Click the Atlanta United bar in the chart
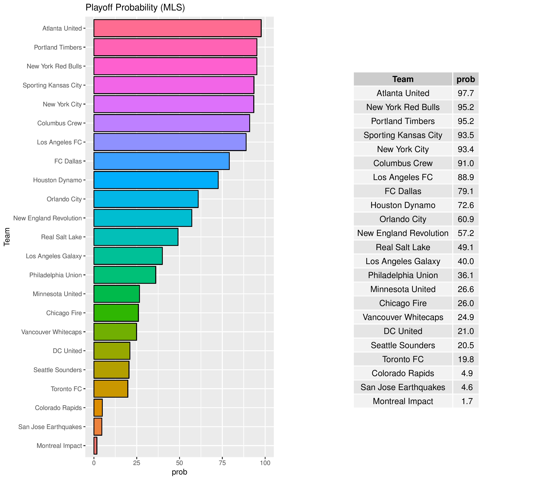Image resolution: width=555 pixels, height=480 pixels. (177, 28)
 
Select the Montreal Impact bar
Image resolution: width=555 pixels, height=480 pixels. (95, 446)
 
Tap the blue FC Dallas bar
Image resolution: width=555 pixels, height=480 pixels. (161, 161)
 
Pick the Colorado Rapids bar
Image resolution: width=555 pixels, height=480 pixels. (98, 408)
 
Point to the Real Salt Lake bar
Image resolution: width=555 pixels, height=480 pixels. (136, 237)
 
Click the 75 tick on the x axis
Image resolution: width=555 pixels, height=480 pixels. (222, 463)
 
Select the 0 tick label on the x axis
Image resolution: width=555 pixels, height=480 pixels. (94, 463)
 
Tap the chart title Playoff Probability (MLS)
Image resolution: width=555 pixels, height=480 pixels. (135, 8)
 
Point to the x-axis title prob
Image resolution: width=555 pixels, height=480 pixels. (179, 472)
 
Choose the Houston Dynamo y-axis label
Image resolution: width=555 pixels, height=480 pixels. (57, 180)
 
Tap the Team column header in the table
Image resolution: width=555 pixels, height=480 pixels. (403, 79)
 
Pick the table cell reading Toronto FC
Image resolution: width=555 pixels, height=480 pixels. (403, 359)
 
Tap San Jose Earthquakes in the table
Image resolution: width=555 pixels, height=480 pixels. (403, 387)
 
